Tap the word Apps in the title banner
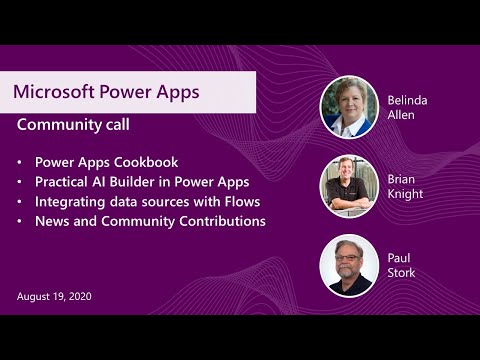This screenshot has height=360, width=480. [x=172, y=92]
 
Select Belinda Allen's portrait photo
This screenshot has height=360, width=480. [x=349, y=107]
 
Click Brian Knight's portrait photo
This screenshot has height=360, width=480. [x=349, y=186]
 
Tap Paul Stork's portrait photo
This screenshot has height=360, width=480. [x=349, y=265]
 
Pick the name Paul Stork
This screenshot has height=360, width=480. [x=401, y=265]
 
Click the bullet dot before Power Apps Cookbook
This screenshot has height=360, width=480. [x=21, y=161]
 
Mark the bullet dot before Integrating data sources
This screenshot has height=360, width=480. [x=21, y=201]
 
